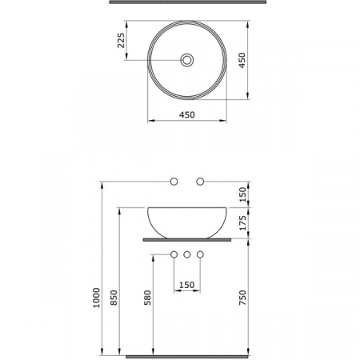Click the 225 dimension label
point(121,40)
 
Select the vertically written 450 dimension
point(242,60)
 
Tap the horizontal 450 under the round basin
point(187,115)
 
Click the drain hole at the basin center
point(187,60)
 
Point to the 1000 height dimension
point(97,298)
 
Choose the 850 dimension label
point(114,298)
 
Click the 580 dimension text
point(147,298)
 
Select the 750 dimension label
point(242,298)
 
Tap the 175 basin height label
point(242,223)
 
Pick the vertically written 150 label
point(242,194)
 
